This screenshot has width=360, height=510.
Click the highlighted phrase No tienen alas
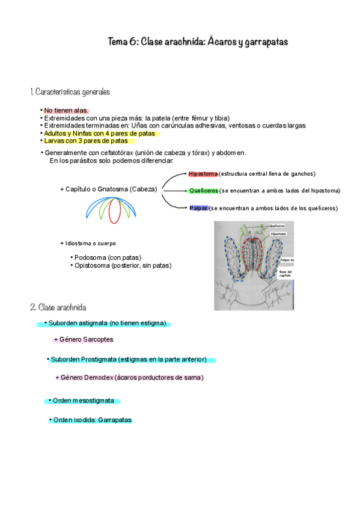[66, 111]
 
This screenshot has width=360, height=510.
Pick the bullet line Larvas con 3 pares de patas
[86, 141]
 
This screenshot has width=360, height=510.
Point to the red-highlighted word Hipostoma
[203, 174]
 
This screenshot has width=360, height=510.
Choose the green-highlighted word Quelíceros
[204, 191]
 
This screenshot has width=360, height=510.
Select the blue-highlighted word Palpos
[199, 208]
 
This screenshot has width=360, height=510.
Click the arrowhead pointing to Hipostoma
[185, 173]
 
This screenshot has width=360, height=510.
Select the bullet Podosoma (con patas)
[108, 257]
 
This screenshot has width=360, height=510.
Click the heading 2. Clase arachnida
[58, 307]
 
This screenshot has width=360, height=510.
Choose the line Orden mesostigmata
[84, 401]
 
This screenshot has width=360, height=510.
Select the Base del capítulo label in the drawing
[285, 274]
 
